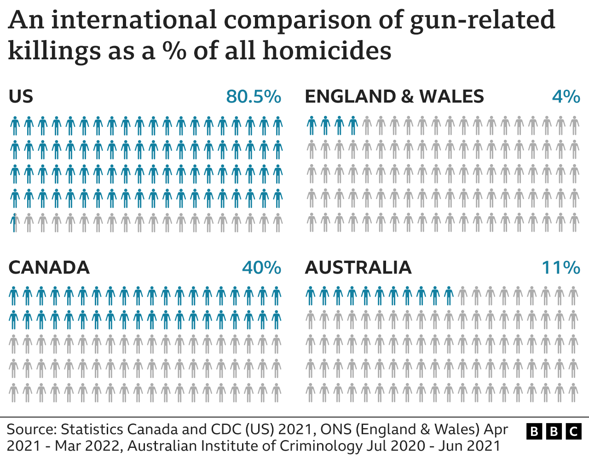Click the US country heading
(21, 97)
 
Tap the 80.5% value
(254, 97)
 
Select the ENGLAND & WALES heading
(394, 97)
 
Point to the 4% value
(566, 97)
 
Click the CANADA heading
(49, 268)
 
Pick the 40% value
(261, 268)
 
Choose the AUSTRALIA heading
(358, 268)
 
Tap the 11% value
(561, 268)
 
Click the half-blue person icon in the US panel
(15, 223)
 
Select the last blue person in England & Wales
(353, 126)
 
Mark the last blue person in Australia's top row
(449, 296)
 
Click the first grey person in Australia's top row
(462, 296)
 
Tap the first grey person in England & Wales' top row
(367, 126)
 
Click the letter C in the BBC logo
(573, 431)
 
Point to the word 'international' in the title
(133, 20)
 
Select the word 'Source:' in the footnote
(31, 429)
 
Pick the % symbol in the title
(174, 51)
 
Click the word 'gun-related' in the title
(482, 20)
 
